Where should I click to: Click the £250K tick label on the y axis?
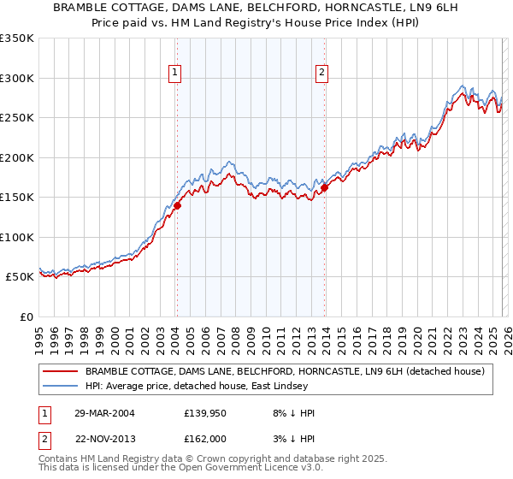(17, 117)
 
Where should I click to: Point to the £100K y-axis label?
(17, 237)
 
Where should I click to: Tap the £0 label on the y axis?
(27, 316)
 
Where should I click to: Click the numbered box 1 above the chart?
(174, 74)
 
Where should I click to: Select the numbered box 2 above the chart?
(322, 74)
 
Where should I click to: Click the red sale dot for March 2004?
(178, 205)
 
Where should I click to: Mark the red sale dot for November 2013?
(325, 188)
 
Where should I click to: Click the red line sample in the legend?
(61, 371)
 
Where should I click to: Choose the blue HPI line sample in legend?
(61, 386)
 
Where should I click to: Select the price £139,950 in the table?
(209, 413)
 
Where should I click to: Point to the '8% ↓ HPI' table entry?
(291, 413)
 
